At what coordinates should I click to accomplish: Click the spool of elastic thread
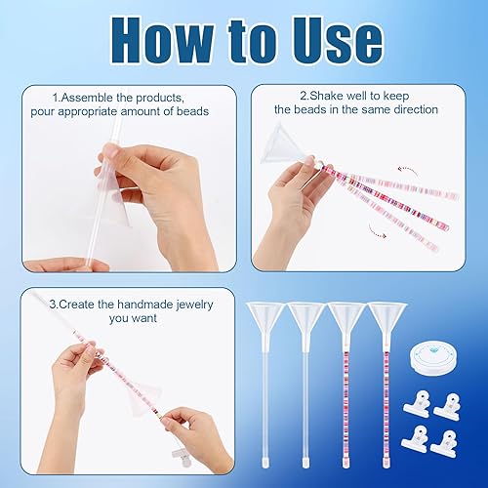[x=432, y=360]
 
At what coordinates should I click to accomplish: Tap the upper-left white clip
[x=417, y=403]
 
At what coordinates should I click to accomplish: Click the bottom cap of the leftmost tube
[x=265, y=463]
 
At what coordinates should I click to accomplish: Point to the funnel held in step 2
[x=280, y=143]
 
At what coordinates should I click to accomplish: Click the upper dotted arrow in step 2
[x=408, y=171]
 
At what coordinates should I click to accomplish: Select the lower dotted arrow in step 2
[x=378, y=230]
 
